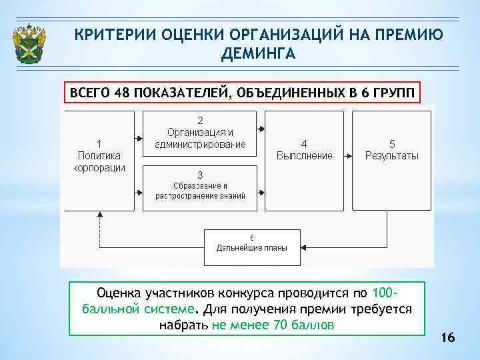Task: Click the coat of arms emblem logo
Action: pyautogui.click(x=29, y=44)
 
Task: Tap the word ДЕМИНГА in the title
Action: pyautogui.click(x=257, y=53)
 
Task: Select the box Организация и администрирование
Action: pyautogui.click(x=200, y=133)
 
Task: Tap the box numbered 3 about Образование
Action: pyautogui.click(x=200, y=185)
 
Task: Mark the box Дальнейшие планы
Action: pyautogui.click(x=252, y=246)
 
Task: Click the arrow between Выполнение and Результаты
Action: pyautogui.click(x=347, y=155)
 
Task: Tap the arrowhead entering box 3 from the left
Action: pyautogui.click(x=141, y=193)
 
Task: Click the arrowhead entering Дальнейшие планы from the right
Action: pyautogui.click(x=304, y=247)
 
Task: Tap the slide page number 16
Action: pyautogui.click(x=447, y=339)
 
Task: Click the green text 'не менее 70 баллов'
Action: pyautogui.click(x=273, y=325)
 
